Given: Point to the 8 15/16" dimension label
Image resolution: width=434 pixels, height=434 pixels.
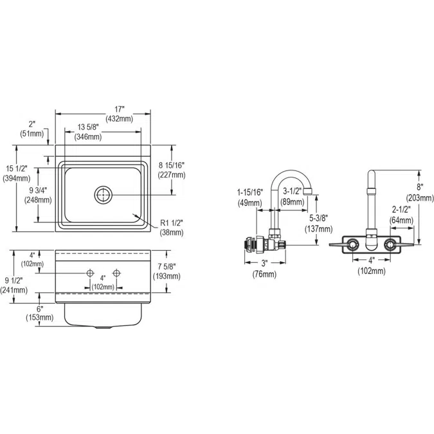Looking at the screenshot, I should tap(172, 165).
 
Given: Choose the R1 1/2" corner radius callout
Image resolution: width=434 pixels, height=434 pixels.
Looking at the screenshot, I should tap(172, 222).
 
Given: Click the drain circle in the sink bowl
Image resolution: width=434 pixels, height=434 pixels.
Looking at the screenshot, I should tap(103, 194).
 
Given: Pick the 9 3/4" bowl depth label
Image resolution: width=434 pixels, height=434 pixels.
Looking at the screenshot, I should tap(41, 190).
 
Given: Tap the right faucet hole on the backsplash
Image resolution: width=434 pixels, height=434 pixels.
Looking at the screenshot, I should tap(116, 273).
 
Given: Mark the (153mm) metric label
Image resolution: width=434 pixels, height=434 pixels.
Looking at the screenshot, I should tap(39, 317).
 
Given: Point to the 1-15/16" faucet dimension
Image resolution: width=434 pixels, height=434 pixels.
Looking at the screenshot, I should tap(249, 192).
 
